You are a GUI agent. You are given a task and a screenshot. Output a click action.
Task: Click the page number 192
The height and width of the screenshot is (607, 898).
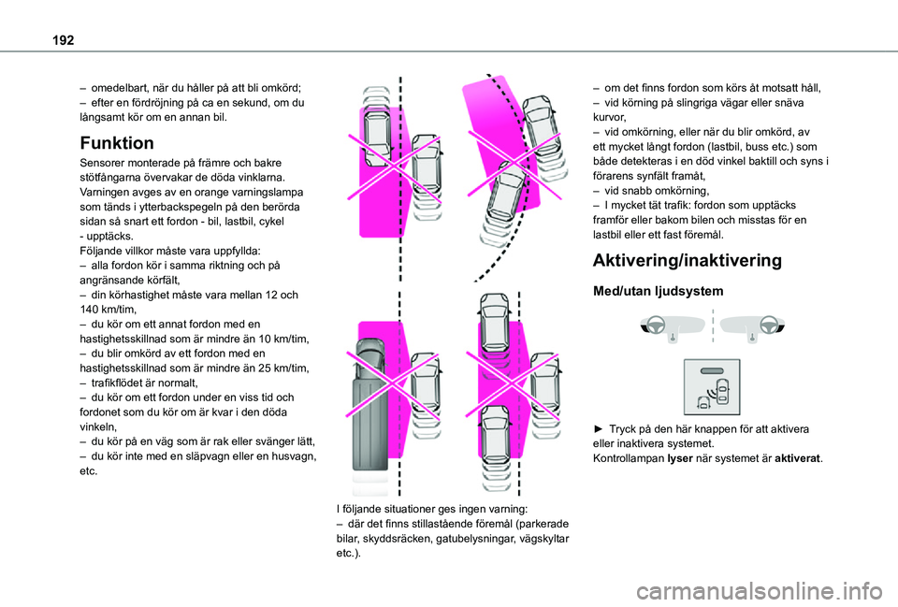tap(63, 40)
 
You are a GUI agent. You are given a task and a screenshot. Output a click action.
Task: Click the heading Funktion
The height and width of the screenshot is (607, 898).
tap(117, 142)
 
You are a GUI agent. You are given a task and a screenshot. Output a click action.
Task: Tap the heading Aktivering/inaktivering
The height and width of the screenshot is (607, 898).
tap(688, 261)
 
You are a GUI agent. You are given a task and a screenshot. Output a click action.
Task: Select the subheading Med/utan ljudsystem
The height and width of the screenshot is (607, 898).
tap(658, 291)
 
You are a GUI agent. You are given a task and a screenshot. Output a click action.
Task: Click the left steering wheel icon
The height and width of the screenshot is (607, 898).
tap(655, 325)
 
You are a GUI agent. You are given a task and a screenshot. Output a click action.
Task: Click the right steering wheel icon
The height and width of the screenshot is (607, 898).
tap(769, 325)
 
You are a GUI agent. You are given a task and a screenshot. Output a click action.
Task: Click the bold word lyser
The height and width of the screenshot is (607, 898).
tap(680, 458)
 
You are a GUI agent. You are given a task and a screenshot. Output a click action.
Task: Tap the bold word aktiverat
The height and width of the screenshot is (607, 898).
tap(797, 458)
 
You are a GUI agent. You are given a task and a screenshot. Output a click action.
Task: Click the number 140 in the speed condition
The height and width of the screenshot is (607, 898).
tap(89, 310)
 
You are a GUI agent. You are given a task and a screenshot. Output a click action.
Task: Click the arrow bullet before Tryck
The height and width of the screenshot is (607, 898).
tap(599, 429)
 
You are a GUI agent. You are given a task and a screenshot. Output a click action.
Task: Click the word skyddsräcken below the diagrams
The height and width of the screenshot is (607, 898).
tap(397, 539)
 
